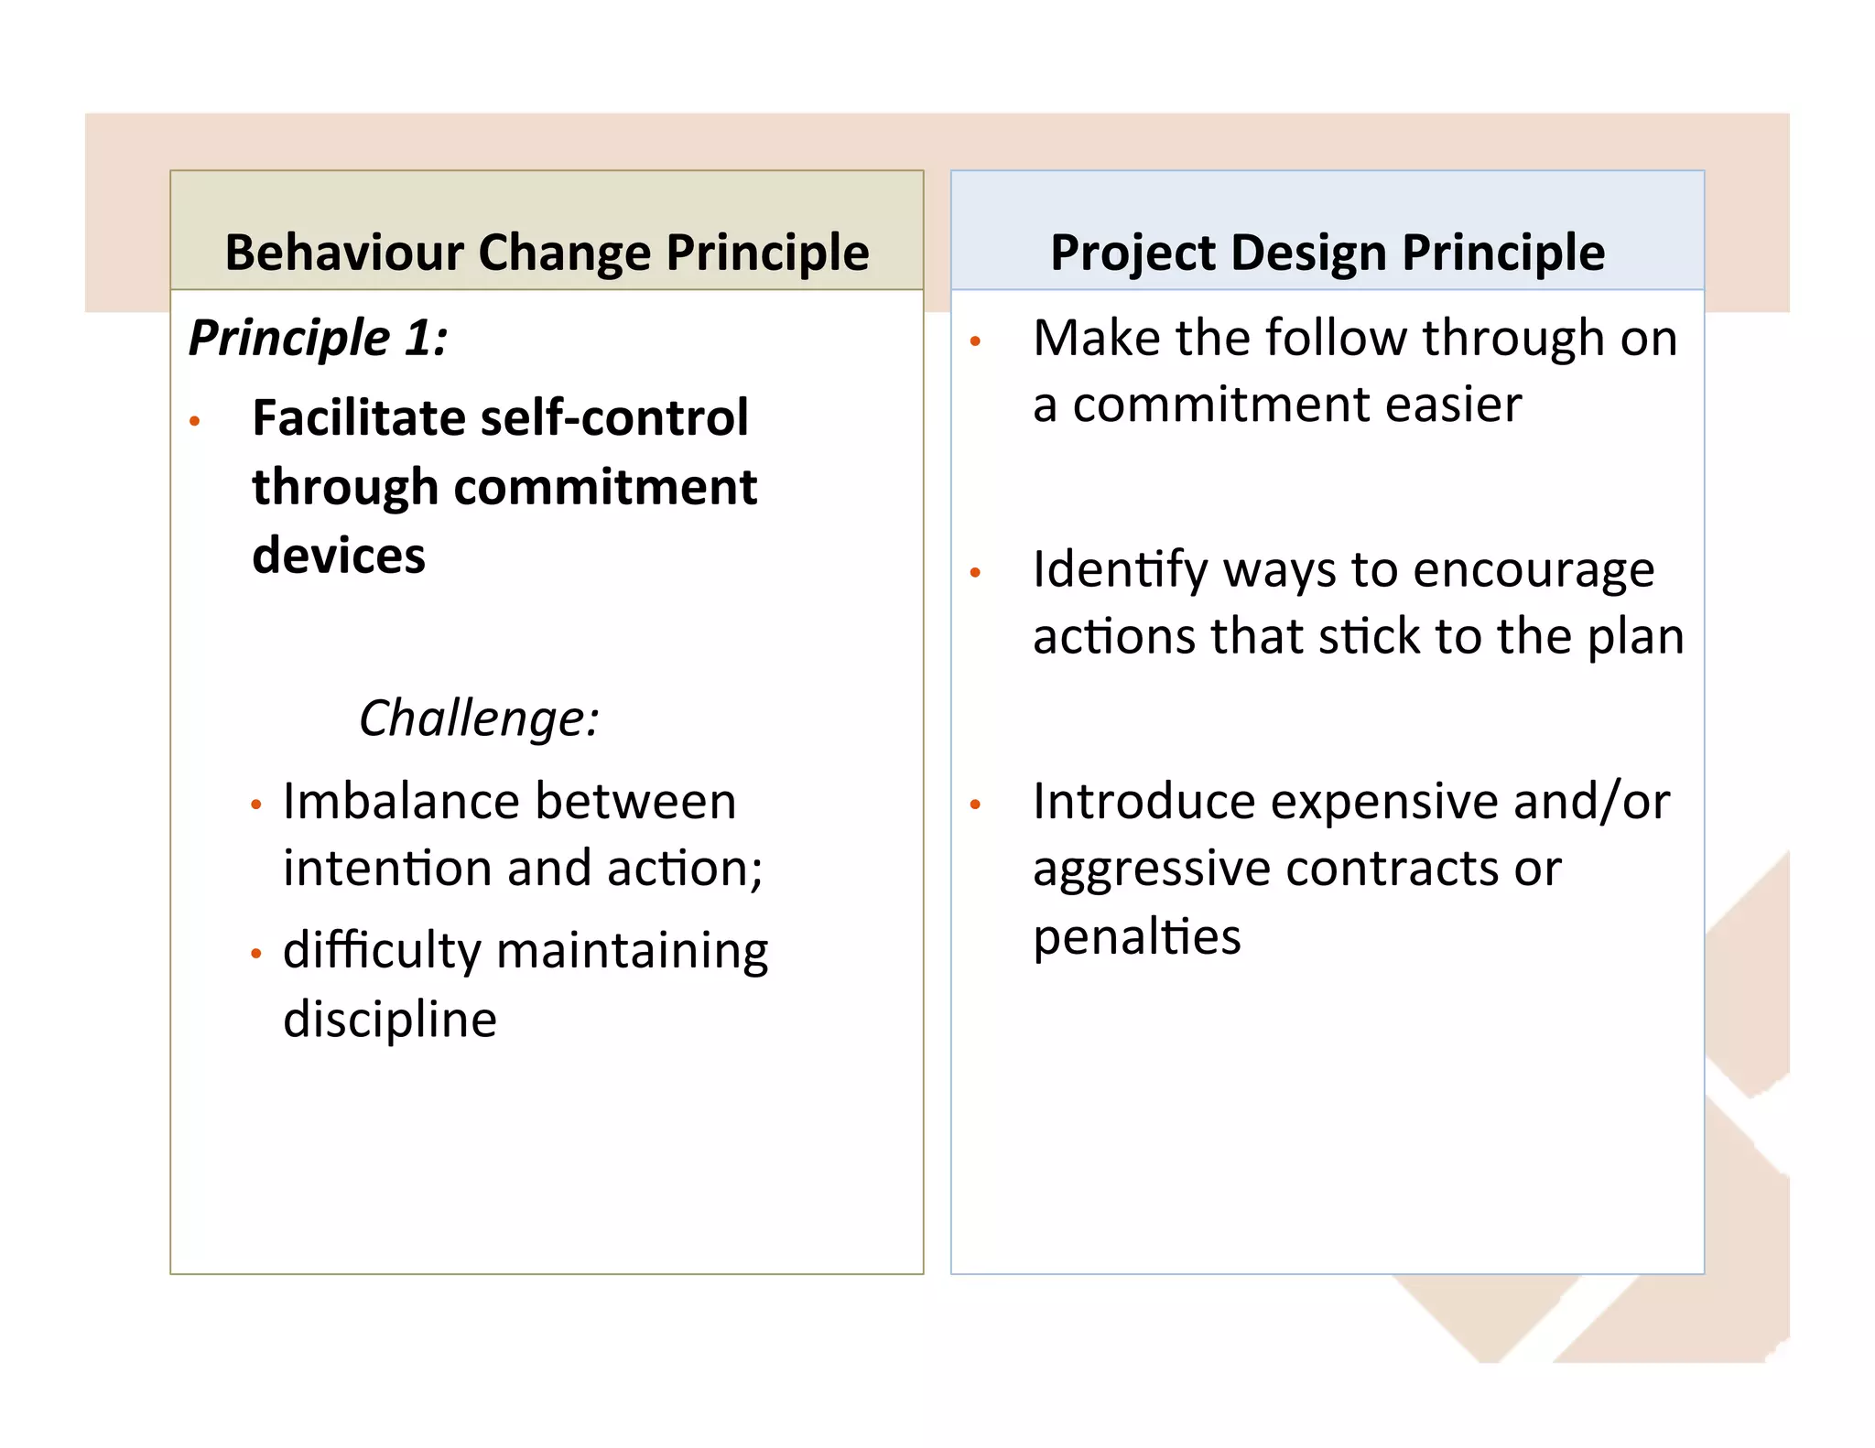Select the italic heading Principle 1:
[x=319, y=338]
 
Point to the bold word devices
[x=339, y=556]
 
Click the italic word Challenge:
[x=479, y=718]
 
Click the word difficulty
[x=381, y=952]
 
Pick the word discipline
[x=389, y=1020]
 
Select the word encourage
[x=1534, y=571]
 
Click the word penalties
[x=1137, y=937]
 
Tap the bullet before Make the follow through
[x=975, y=342]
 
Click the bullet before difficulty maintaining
[x=256, y=954]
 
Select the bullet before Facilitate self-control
[x=194, y=422]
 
